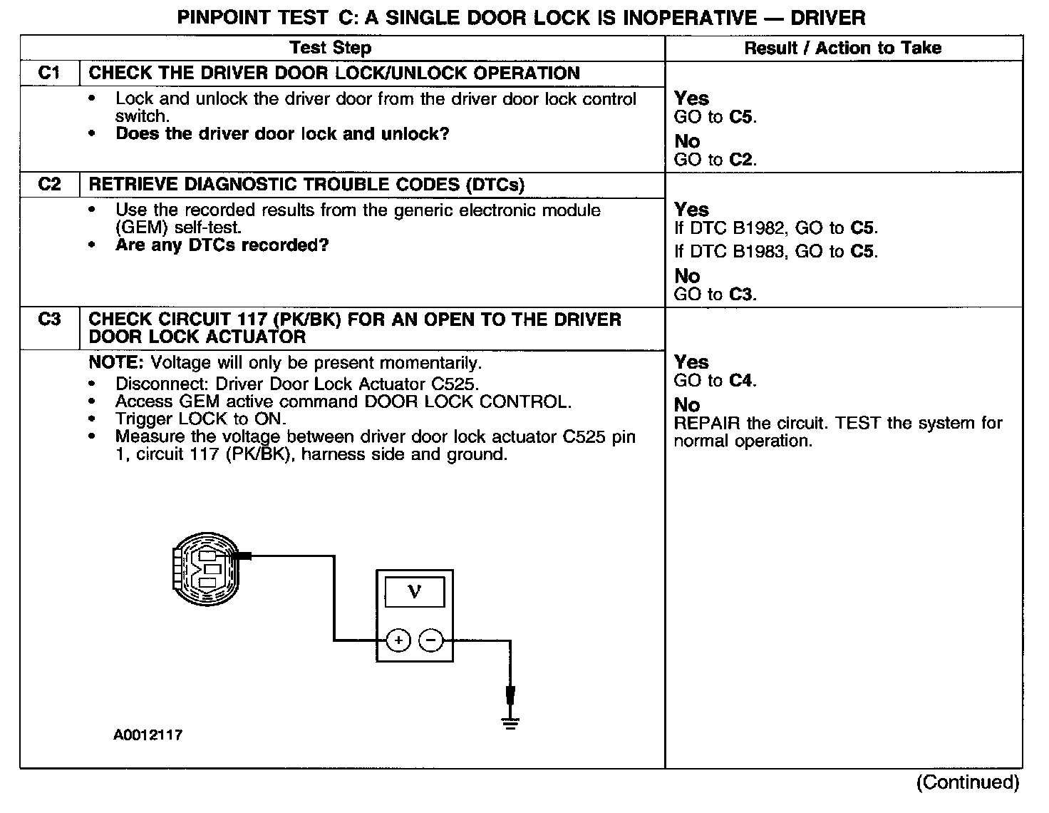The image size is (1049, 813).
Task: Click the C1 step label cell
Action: click(49, 73)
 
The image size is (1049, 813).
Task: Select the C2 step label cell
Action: click(49, 185)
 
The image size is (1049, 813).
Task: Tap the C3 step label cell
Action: click(49, 319)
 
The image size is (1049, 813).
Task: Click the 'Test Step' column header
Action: click(330, 48)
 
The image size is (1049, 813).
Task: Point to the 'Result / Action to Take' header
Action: click(842, 48)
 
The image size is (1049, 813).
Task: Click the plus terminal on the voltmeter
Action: click(398, 640)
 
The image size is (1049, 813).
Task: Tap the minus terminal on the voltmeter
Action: click(430, 640)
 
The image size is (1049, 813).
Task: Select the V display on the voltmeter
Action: click(414, 592)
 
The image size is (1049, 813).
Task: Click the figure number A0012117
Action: click(148, 735)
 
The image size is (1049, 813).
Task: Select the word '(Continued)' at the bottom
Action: click(967, 782)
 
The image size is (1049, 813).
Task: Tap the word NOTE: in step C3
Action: click(116, 362)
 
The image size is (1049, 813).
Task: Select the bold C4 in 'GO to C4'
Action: click(740, 381)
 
